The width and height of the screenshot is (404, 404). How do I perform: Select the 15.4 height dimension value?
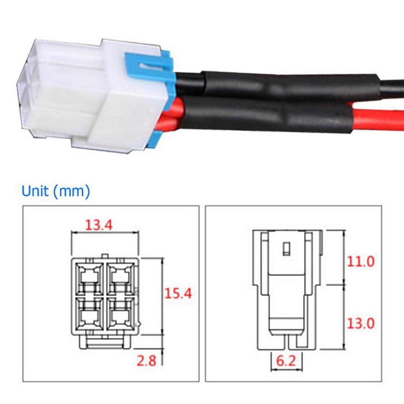(178, 294)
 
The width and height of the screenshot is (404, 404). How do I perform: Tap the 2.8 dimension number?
(146, 361)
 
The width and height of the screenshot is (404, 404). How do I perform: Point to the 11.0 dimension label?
(360, 262)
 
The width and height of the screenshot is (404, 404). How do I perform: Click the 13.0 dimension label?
(360, 323)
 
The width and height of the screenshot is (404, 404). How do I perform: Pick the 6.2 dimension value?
(286, 361)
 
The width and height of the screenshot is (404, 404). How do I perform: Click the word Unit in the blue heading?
(35, 191)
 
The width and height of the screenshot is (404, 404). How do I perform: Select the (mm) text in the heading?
(72, 191)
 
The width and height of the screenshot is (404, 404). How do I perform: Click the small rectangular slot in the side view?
(286, 249)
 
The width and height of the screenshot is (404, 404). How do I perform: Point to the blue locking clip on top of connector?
(148, 64)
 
